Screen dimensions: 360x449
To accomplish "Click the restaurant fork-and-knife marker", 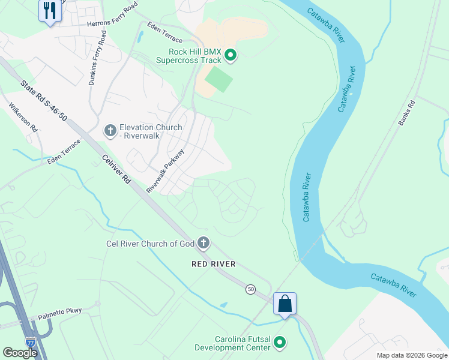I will [x=50, y=11].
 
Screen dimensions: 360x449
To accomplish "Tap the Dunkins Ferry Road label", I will [x=97, y=59].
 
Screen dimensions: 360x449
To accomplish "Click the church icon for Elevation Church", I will [x=110, y=130].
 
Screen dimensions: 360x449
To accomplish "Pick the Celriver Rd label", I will [x=116, y=170].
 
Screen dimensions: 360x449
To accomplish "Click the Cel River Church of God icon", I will [x=203, y=243].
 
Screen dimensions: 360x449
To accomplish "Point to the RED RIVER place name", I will [x=213, y=264].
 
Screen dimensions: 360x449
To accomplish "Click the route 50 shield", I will [x=250, y=289].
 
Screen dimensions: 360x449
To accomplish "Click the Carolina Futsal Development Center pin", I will [x=279, y=343].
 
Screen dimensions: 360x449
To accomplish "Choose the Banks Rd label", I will [x=406, y=112].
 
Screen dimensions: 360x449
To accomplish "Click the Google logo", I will [x=20, y=352].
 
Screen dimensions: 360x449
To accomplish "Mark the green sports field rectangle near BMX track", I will [x=218, y=79].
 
